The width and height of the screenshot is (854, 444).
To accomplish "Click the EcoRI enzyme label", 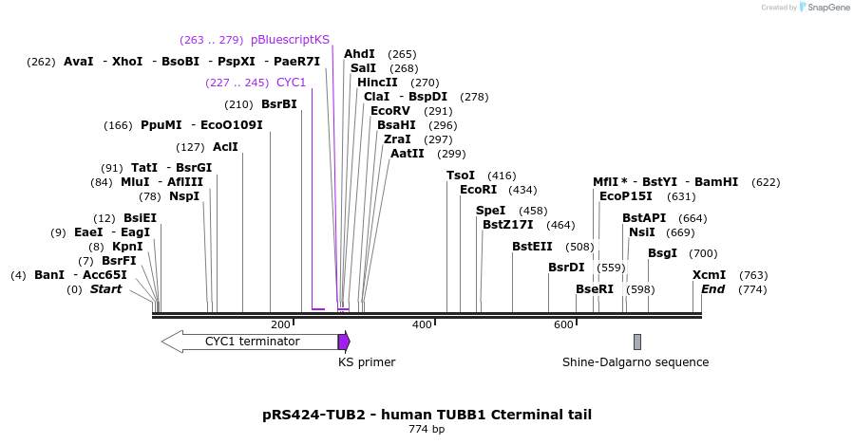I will (478, 190).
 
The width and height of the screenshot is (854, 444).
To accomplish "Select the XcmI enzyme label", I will (709, 275).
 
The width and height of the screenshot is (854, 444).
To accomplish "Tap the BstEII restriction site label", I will (532, 247).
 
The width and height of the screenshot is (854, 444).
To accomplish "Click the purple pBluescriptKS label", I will (290, 40).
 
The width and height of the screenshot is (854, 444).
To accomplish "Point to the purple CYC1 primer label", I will (297, 83).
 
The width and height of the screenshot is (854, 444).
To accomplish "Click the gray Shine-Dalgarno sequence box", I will (637, 342).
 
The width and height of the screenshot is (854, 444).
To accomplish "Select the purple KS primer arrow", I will (344, 342).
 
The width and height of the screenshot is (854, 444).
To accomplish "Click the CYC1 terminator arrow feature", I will (251, 342).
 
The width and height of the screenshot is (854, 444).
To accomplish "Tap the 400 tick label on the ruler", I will (422, 325).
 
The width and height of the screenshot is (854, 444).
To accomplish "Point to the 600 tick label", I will (563, 325).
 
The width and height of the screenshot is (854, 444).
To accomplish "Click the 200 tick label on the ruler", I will (280, 325).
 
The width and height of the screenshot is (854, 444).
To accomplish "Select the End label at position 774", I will (713, 289).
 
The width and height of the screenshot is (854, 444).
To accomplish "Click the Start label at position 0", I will (106, 289).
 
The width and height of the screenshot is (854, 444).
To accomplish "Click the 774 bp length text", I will (427, 430).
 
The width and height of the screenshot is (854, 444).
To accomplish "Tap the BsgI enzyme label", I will (662, 253).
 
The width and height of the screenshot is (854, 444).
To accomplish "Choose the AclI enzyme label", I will (225, 147).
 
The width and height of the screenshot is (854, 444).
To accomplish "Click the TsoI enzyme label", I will (461, 176).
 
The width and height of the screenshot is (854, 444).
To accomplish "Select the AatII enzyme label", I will (408, 154).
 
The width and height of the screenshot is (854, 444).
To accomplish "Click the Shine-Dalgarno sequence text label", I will (636, 362).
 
